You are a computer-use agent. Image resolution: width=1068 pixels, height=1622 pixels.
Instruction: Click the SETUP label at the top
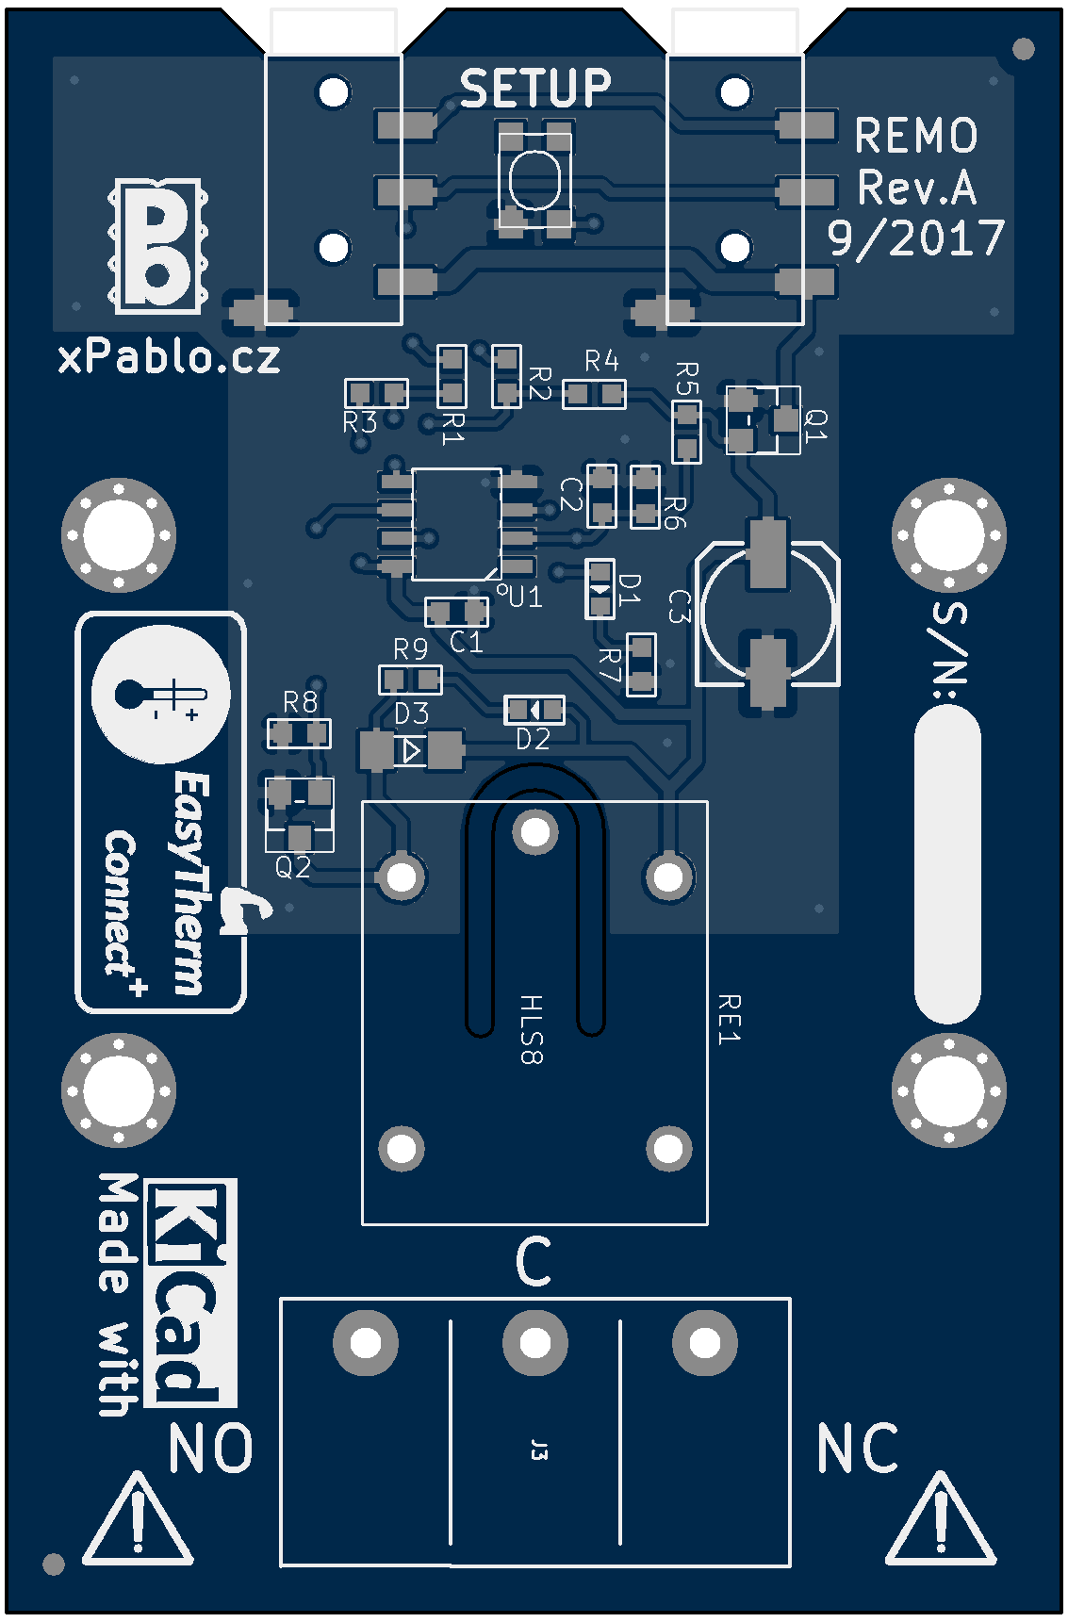pos(534,90)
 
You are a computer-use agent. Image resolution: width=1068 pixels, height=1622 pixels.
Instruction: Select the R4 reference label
pos(601,361)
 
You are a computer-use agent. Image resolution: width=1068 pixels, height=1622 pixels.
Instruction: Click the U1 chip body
pos(456,523)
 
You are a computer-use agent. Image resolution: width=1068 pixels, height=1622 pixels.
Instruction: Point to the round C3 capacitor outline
pos(768,612)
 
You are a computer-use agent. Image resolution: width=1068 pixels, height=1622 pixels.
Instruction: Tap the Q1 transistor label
pos(816,426)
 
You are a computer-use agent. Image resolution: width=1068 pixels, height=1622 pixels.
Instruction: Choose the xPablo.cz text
pos(170,357)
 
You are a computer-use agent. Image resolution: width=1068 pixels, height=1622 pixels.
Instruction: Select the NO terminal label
pos(210,1449)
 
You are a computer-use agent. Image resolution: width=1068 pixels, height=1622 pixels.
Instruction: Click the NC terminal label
pos(857,1449)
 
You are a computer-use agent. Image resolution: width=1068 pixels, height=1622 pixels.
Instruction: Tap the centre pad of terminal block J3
pos(534,1343)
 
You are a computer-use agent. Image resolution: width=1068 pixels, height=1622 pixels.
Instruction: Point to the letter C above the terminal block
pos(534,1262)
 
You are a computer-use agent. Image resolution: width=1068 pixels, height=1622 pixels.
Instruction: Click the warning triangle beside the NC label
pos(940,1523)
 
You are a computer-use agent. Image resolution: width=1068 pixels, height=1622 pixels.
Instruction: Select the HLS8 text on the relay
pos(532,1029)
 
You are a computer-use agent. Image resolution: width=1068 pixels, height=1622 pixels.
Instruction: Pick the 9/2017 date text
pos(916,238)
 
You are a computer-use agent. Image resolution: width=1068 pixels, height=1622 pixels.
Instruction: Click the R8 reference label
pos(300,702)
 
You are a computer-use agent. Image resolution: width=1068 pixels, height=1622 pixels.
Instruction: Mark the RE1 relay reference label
pos(729,1018)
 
